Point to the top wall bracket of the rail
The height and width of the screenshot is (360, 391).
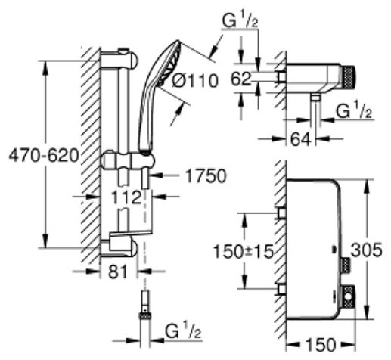(123, 57)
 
